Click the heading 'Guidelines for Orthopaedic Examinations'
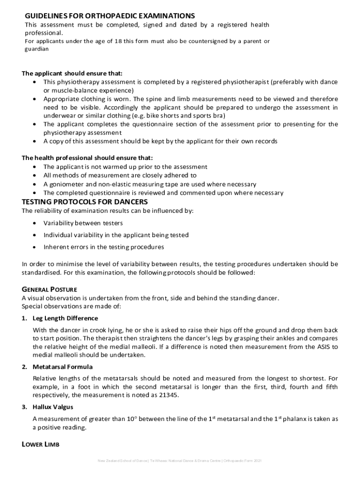click(110, 16)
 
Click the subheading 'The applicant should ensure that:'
click(72, 73)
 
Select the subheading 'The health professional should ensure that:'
click(87, 158)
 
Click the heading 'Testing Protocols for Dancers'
click(85, 202)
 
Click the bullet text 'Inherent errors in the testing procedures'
click(104, 247)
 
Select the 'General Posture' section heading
click(50, 289)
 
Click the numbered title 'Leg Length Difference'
click(65, 318)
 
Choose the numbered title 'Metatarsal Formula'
click(62, 367)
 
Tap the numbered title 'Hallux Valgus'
click(53, 407)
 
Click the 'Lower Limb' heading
click(41, 445)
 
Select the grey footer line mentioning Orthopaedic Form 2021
click(180, 461)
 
